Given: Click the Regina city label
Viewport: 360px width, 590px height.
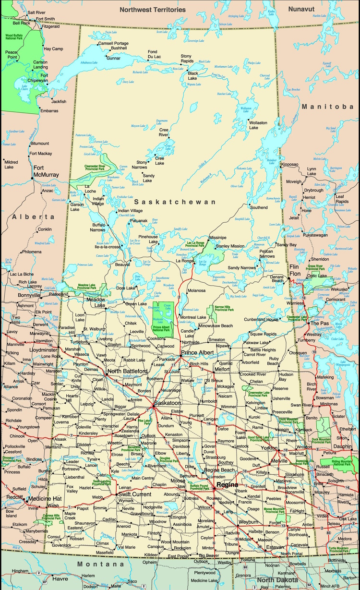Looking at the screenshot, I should click(228, 485).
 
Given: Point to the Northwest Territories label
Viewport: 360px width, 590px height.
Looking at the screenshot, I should click(152, 9).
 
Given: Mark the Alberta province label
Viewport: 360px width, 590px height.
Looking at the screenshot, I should click(34, 217).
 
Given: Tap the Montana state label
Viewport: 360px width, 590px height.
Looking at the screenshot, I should click(94, 564).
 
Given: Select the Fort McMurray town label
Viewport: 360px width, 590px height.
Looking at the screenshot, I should click(46, 171).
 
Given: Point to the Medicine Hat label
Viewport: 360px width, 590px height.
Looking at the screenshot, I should click(44, 498).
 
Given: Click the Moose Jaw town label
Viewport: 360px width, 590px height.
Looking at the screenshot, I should click(178, 483).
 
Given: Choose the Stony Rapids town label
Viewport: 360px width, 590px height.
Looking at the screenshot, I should click(187, 59).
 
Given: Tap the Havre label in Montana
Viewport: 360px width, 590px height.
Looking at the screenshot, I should click(60, 578).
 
